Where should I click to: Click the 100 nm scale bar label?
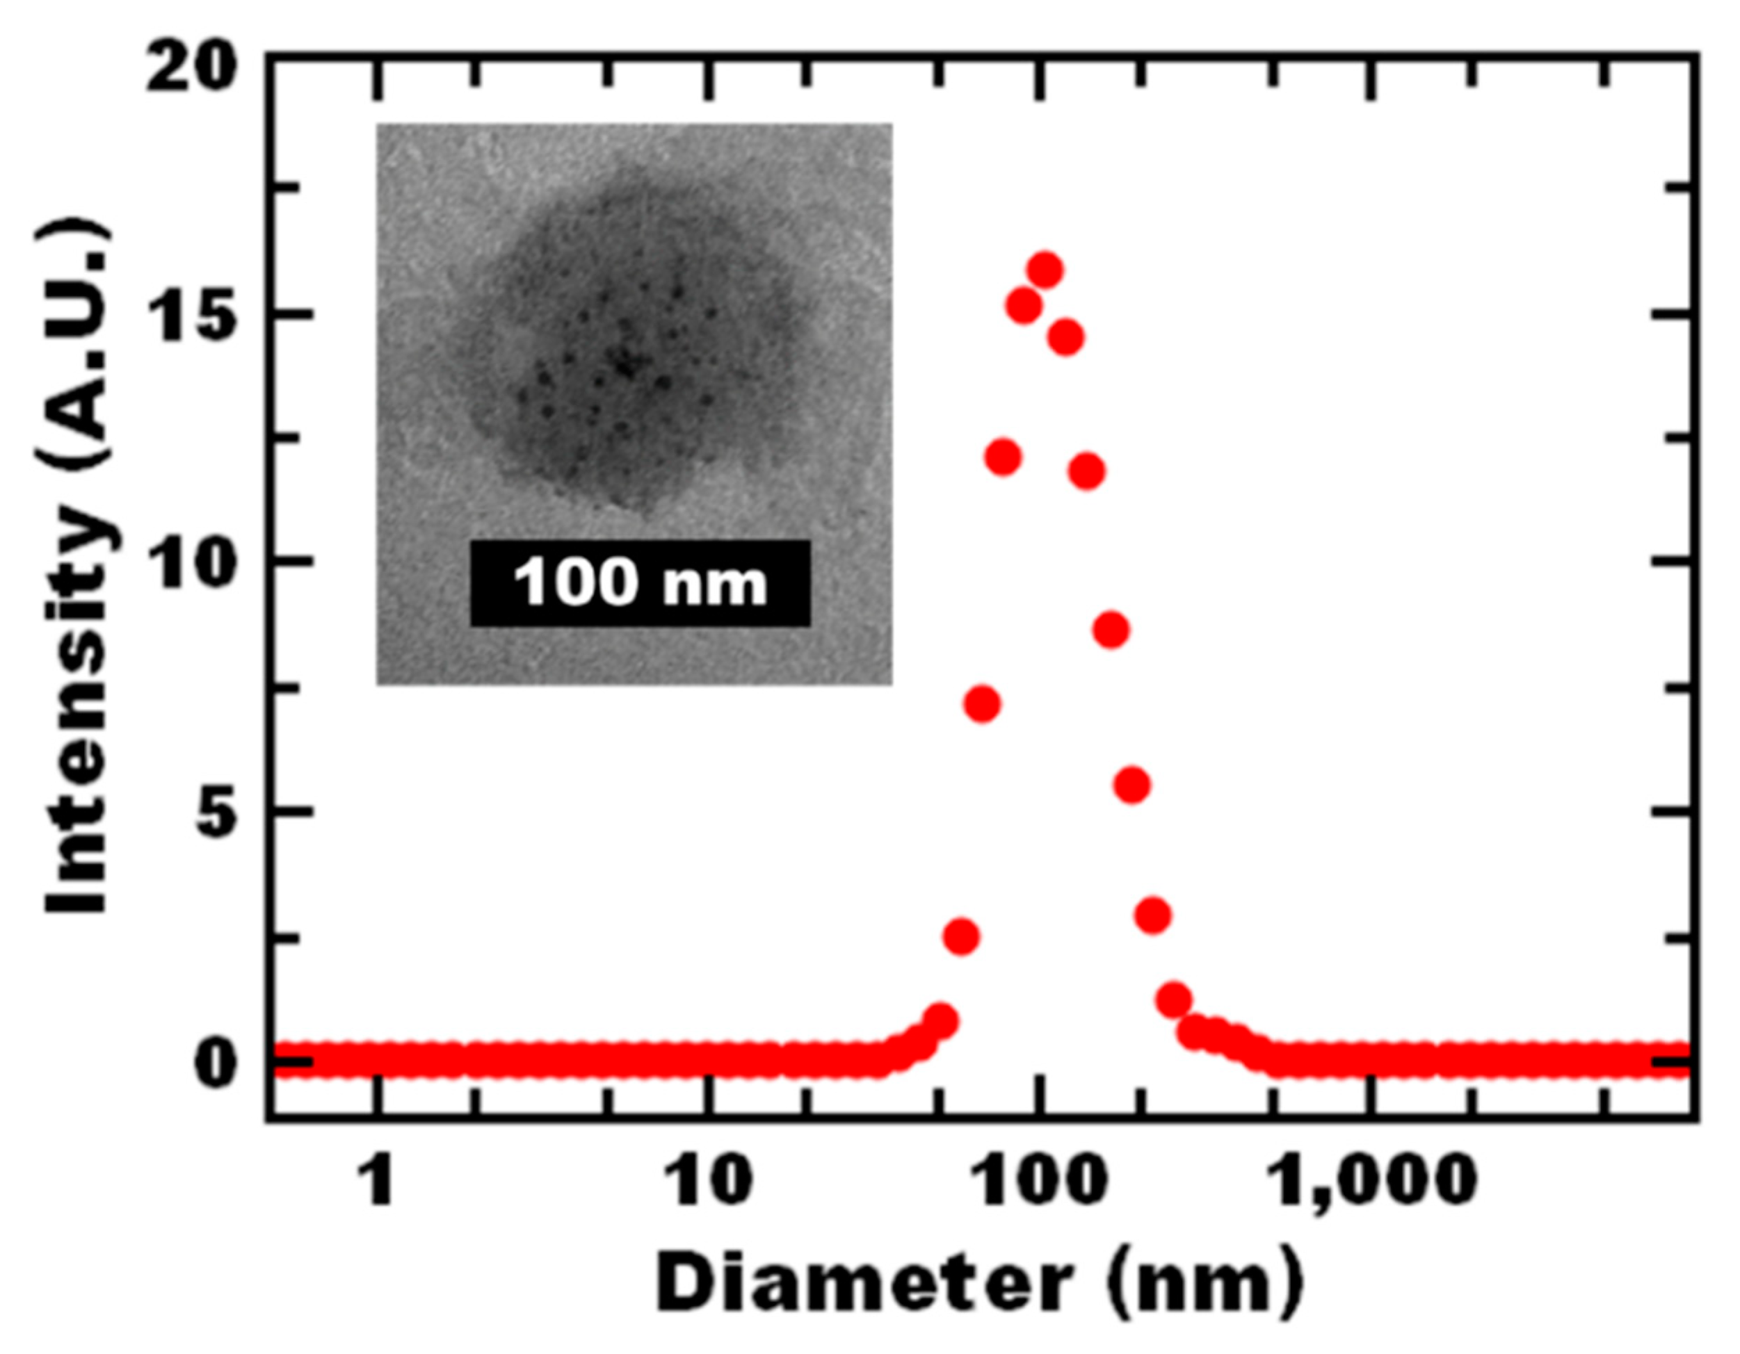[640, 582]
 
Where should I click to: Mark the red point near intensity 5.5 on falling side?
[1132, 785]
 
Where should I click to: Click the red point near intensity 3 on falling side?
[1154, 916]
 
